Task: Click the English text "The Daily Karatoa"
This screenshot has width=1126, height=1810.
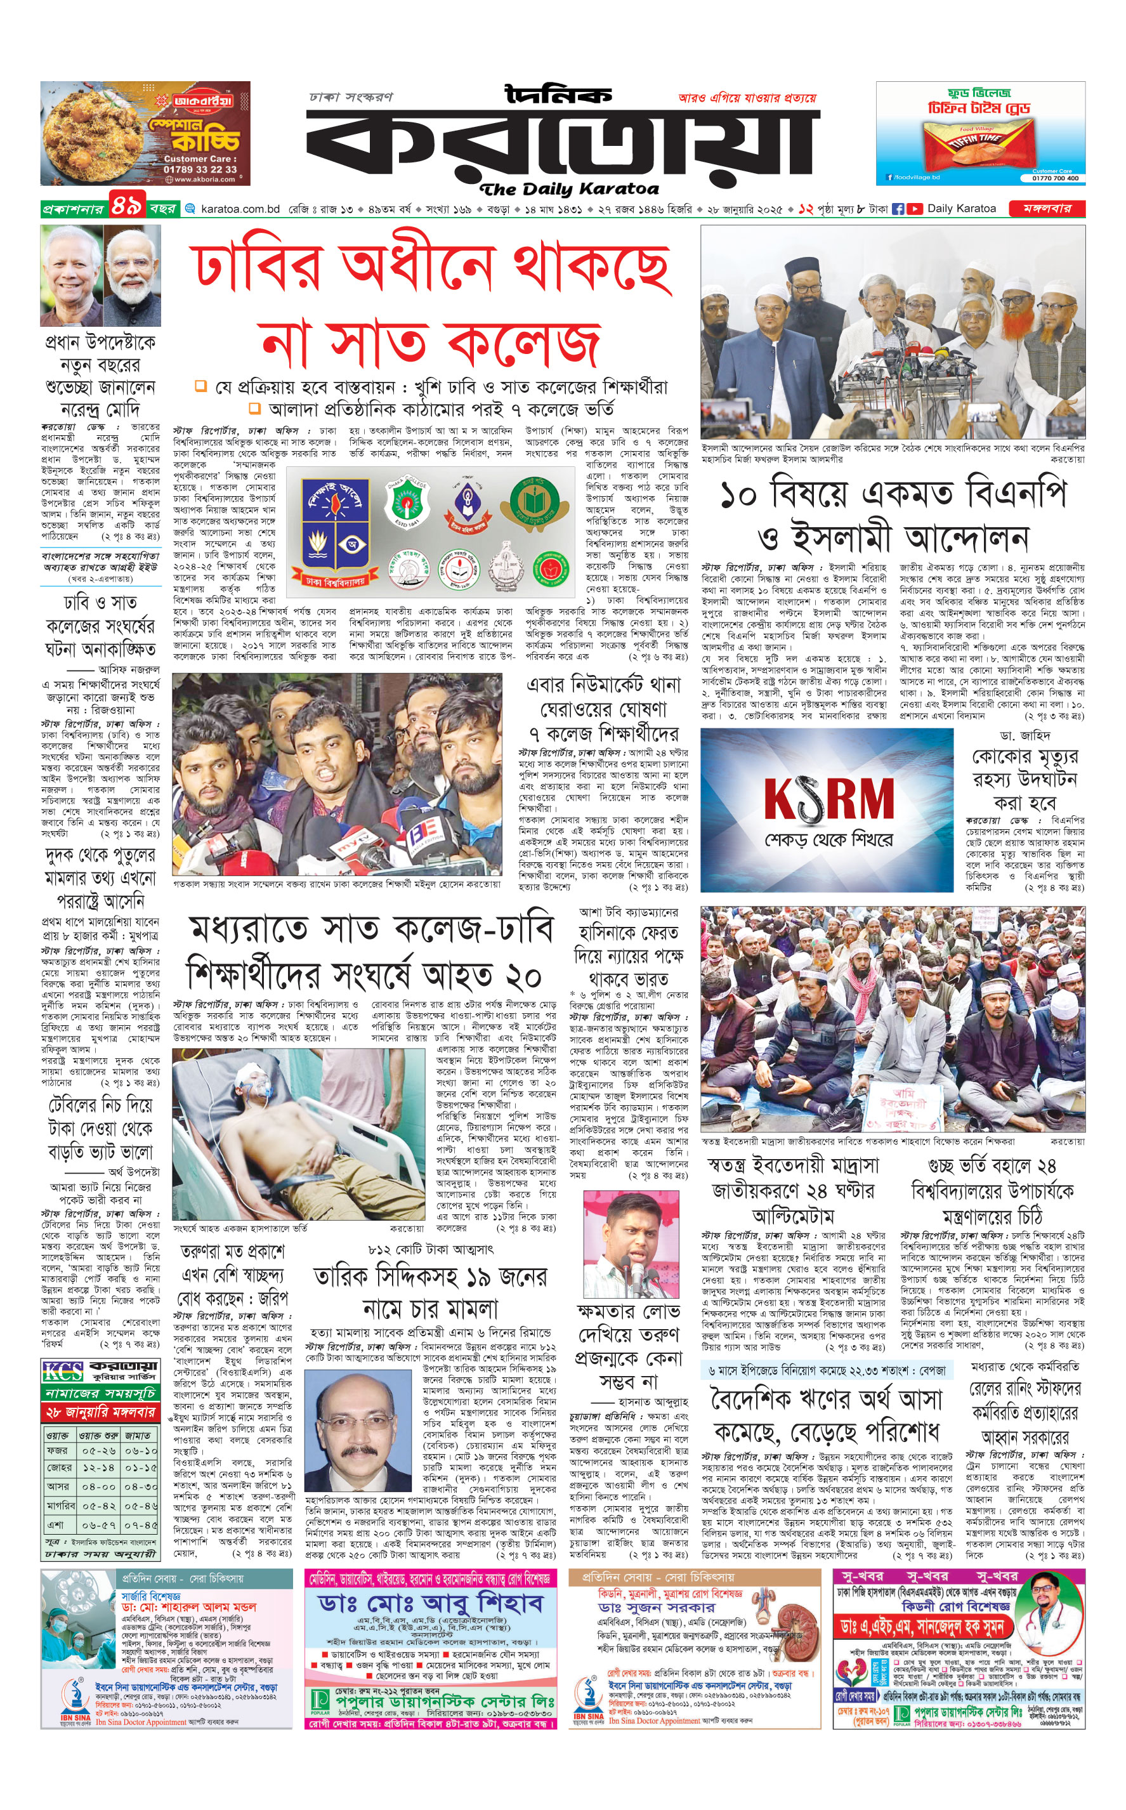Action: pyautogui.click(x=570, y=189)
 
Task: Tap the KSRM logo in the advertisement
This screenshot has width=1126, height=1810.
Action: pyautogui.click(x=828, y=799)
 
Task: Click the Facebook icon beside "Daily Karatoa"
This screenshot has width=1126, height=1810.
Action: pyautogui.click(x=898, y=209)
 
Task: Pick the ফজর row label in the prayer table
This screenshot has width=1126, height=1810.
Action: pyautogui.click(x=57, y=1450)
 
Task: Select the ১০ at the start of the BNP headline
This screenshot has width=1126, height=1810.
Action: pyautogui.click(x=740, y=495)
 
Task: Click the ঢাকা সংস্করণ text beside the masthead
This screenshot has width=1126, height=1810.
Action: pyautogui.click(x=351, y=97)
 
